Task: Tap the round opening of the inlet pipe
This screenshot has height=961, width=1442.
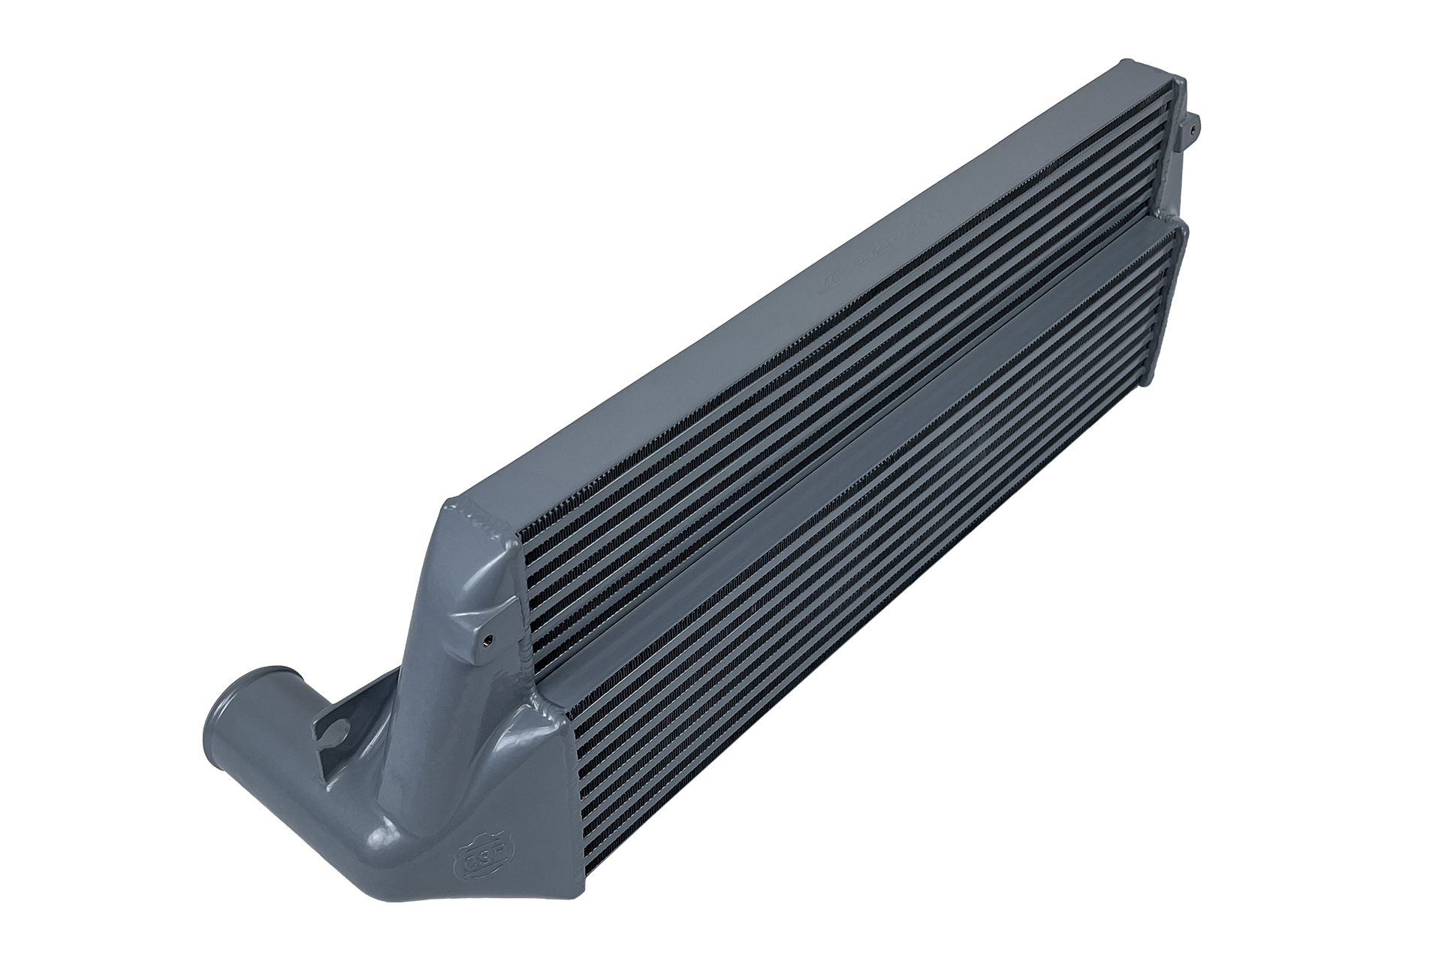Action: click(229, 688)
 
